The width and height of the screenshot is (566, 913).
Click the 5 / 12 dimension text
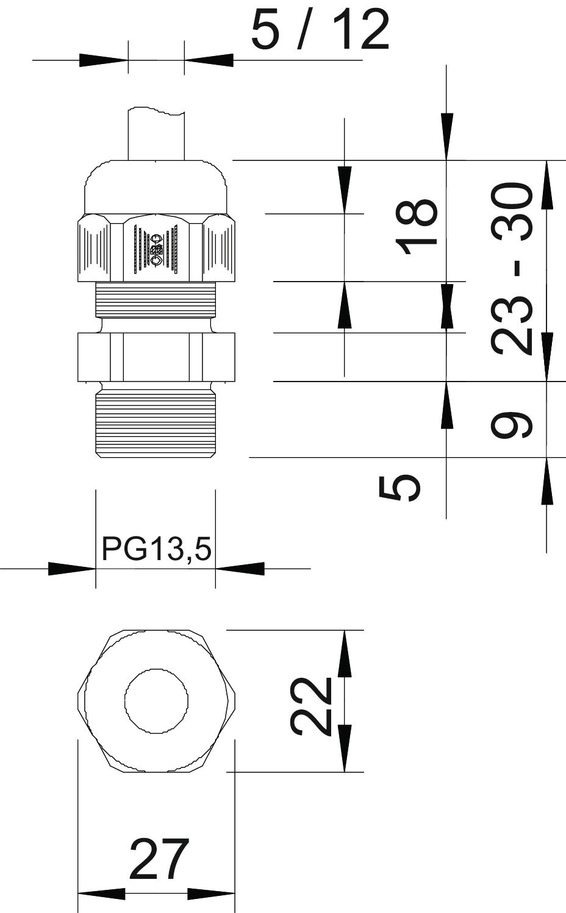[x=320, y=30]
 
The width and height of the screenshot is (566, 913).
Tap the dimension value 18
[x=417, y=227]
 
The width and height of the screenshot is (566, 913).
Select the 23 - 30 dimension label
[x=511, y=269]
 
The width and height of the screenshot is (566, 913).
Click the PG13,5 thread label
[x=157, y=549]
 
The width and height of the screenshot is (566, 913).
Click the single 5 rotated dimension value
[x=399, y=488]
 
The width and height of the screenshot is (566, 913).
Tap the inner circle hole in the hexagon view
[x=157, y=701]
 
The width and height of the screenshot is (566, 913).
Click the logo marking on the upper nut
[x=157, y=249]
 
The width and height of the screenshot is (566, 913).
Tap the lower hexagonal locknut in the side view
[x=156, y=357]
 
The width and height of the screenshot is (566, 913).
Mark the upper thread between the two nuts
[x=156, y=300]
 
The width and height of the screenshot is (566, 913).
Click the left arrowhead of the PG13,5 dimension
[x=72, y=569]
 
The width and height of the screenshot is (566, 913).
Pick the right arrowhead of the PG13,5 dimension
[x=240, y=569]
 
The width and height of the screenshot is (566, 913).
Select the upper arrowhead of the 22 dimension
[x=345, y=654]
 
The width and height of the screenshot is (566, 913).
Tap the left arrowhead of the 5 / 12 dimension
[x=104, y=60]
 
